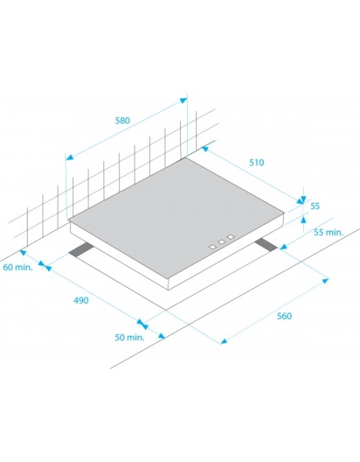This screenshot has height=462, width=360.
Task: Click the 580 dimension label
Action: coord(122,121)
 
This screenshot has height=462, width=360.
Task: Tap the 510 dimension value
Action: coord(257,162)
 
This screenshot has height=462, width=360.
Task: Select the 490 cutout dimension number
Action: coord(81,300)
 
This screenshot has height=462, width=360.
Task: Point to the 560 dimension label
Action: coord(284,316)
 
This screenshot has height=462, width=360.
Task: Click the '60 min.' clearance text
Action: coord(18,267)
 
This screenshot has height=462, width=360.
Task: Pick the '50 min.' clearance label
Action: coord(129,337)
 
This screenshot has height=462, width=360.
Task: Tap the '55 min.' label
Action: coord(328,233)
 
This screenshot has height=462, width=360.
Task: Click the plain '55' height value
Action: coord(315,206)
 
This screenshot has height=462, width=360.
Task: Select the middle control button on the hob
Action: coord(222,242)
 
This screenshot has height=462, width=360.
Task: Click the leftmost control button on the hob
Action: coord(212,247)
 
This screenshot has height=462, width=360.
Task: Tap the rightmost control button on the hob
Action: coord(231,237)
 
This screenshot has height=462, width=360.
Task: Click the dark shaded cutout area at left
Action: coord(82,250)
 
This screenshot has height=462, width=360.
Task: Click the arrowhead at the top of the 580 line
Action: coord(183,100)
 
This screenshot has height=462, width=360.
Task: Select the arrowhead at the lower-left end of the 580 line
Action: coord(69,157)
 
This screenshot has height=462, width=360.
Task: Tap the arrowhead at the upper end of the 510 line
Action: coord(205,149)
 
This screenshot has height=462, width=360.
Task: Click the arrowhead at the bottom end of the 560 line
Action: coord(225,341)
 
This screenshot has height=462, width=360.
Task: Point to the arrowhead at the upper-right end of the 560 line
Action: coord(325,280)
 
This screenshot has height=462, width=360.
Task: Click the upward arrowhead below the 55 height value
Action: coord(304,219)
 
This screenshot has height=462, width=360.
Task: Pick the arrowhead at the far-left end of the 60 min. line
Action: coord(22,253)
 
